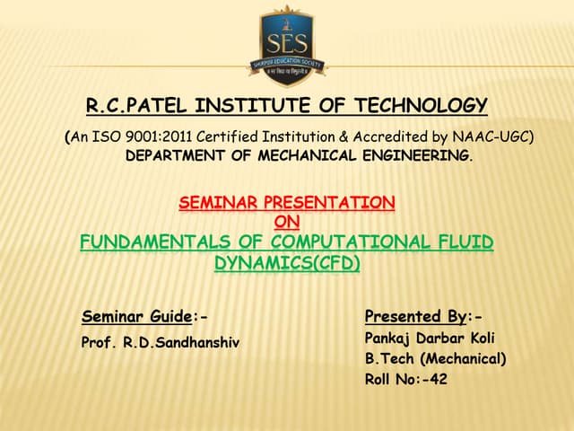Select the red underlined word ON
click(x=286, y=221)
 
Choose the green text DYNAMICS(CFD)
click(x=286, y=263)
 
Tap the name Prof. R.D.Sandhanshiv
click(x=161, y=342)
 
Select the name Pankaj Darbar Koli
click(x=429, y=339)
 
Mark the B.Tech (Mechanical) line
click(x=435, y=359)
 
